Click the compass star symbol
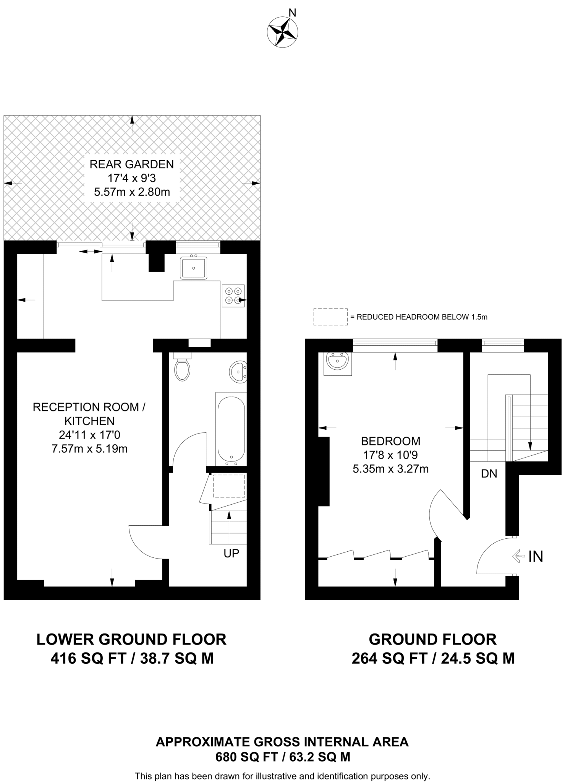[282, 32]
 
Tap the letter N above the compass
[292, 13]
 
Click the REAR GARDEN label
[131, 164]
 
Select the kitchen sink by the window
[194, 268]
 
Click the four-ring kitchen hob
[233, 296]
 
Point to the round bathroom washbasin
[238, 371]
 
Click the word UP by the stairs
[231, 553]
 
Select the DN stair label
[489, 474]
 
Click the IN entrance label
[536, 557]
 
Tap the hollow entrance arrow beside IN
[518, 556]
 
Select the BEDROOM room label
[390, 441]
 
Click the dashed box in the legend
[330, 317]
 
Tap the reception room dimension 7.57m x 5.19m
[89, 448]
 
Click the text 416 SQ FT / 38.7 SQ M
[132, 658]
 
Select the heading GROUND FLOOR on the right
[432, 639]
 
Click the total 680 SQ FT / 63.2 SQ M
[283, 757]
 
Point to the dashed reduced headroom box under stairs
[229, 486]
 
